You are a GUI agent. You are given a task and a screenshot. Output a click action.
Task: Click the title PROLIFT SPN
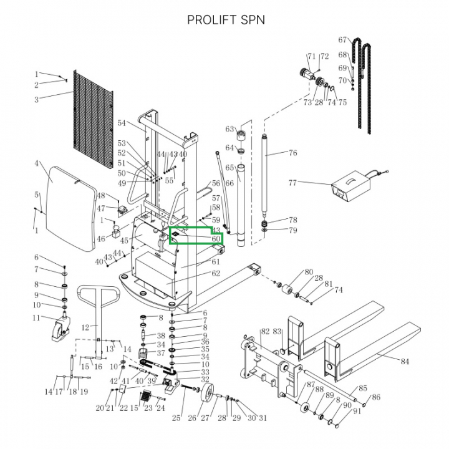pos(226,20)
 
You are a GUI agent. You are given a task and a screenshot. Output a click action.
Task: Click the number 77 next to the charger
pos(292,183)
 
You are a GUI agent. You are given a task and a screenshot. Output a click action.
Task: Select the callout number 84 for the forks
pos(405,361)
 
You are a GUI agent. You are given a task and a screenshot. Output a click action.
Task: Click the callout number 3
pos(36,99)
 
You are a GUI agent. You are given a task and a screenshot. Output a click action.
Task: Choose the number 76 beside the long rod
pos(293,153)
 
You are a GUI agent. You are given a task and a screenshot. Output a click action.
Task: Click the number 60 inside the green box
pos(215,239)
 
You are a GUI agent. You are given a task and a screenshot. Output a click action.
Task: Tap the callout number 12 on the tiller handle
pos(85,326)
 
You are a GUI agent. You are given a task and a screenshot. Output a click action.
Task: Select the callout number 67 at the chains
pos(342,40)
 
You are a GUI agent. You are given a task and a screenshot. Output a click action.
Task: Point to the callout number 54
pos(122,123)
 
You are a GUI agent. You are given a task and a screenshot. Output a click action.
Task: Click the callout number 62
pos(216,273)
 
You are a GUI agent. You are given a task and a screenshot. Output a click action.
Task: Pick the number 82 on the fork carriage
pos(264,332)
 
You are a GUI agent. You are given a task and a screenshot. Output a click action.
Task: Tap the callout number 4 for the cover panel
pos(37,163)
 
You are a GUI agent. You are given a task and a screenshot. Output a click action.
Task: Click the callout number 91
pos(357,411)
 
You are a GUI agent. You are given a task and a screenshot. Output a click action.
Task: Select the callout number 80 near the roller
pos(308,272)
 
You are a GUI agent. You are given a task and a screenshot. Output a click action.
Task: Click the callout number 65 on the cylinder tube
pos(229,168)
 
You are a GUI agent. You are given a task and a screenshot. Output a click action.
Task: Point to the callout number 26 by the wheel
pos(192,418)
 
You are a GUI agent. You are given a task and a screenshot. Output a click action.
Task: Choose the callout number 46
pos(102,239)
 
